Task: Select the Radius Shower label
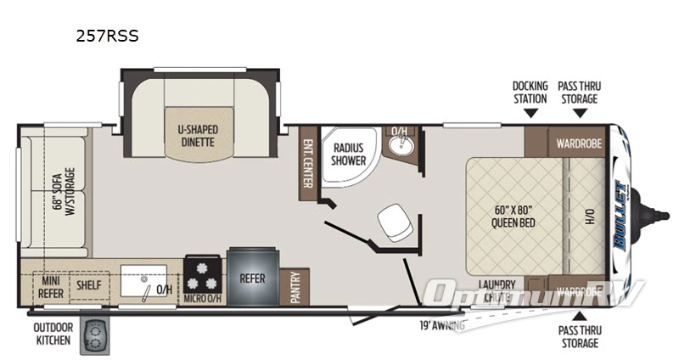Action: coord(349,153)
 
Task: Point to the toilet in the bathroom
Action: coord(394,223)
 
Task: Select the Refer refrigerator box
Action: coord(252,278)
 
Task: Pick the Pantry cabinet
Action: coord(295,286)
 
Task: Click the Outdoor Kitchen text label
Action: coord(53,334)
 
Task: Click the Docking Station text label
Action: coord(530,93)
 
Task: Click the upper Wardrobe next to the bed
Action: coord(579,143)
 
